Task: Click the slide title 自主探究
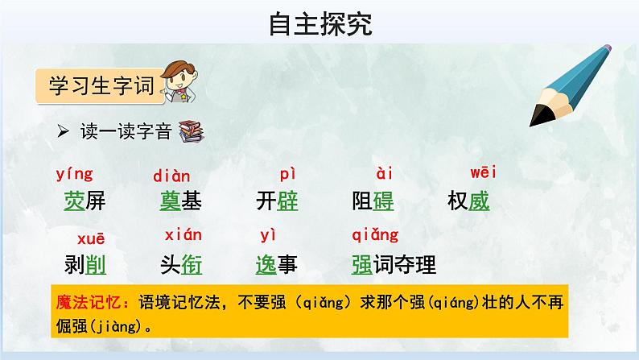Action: point(319,25)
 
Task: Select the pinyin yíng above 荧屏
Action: point(75,173)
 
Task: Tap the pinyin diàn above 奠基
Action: point(171,176)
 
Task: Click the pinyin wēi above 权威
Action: point(483,172)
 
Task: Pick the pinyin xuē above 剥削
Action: point(90,238)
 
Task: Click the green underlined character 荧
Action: point(74,201)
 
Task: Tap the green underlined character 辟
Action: point(287,201)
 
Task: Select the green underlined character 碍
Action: point(383,201)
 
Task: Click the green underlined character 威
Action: point(479,201)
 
